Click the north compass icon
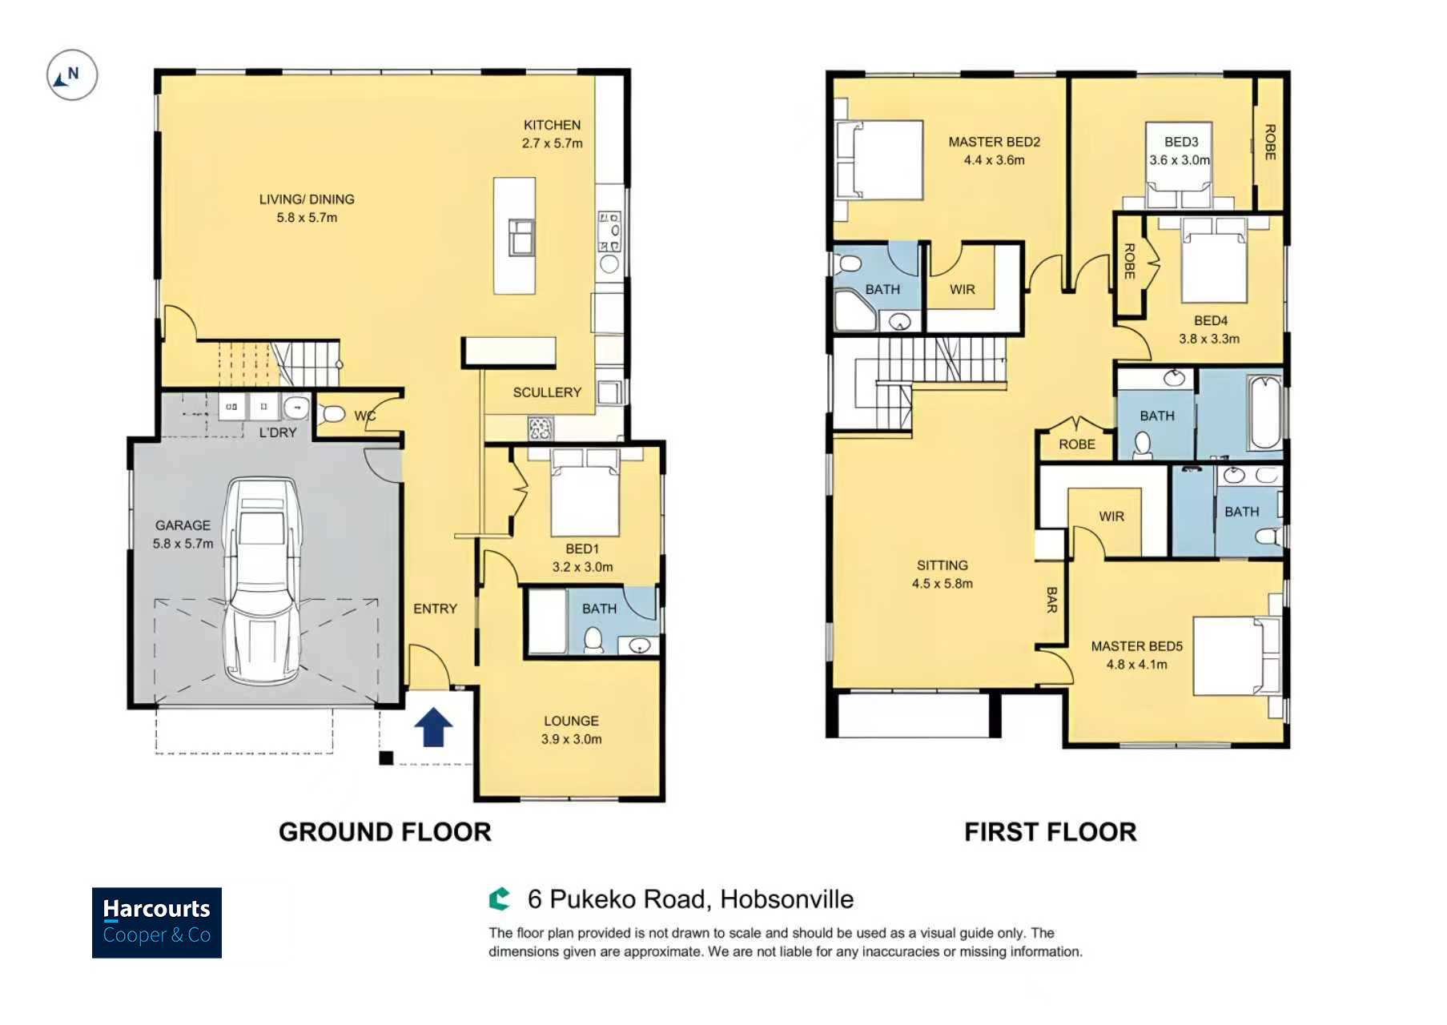[x=72, y=75]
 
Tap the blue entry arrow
[x=433, y=727]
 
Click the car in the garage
[x=262, y=581]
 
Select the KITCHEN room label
[x=552, y=125]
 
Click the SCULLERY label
[x=547, y=392]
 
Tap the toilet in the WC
[x=331, y=414]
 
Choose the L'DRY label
[x=278, y=432]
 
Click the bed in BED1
[x=585, y=492]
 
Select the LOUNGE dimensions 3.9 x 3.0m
[x=571, y=739]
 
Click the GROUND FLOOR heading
[x=385, y=832]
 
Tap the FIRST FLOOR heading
[x=1051, y=832]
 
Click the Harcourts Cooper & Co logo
[x=157, y=922]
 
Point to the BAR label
[x=1051, y=600]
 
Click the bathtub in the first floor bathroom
[x=1265, y=412]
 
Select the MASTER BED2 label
[x=994, y=142]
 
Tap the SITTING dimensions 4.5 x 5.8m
[x=943, y=584]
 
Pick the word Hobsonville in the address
[x=786, y=899]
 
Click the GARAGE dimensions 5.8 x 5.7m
[x=183, y=544]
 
